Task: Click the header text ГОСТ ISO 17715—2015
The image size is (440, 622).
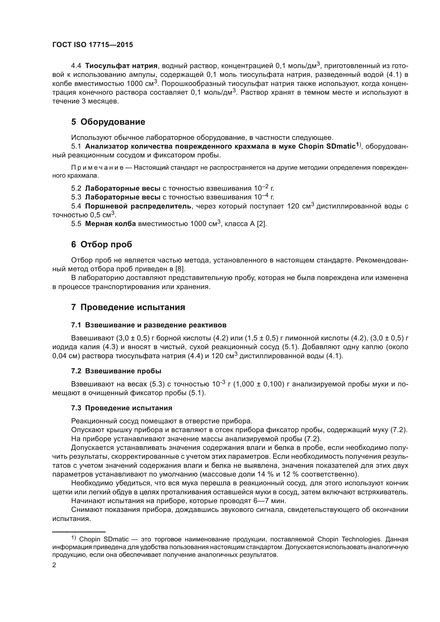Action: pos(93,45)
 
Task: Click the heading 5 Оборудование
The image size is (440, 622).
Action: pos(108,122)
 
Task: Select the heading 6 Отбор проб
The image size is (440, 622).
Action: pos(102,244)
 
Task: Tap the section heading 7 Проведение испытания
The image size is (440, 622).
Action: pos(128,307)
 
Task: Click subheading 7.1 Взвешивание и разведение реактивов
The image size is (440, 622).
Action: pos(149,325)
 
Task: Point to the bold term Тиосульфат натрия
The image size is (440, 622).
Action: pos(121,66)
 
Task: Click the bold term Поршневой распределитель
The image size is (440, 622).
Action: pos(138,206)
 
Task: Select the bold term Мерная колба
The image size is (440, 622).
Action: pos(110,224)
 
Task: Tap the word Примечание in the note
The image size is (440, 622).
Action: pos(97,168)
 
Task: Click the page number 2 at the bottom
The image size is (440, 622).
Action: pos(54,565)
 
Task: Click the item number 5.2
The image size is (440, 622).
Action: pos(76,188)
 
